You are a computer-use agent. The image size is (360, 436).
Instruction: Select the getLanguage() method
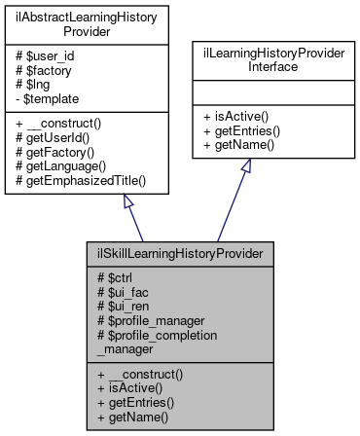(66, 163)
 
